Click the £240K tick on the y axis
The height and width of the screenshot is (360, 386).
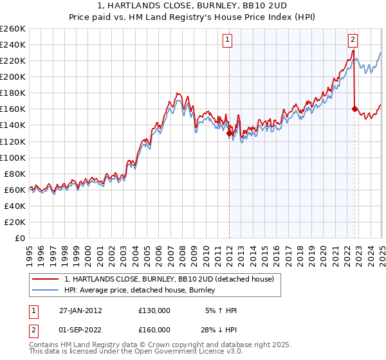pos(12,44)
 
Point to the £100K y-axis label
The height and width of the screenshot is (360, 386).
pos(12,157)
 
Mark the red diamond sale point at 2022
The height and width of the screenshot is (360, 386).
pos(354,109)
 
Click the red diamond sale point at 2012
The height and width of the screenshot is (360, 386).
pos(230,133)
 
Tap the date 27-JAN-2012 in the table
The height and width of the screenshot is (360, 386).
pos(80,310)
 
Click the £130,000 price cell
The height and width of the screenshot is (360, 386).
pos(154,310)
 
